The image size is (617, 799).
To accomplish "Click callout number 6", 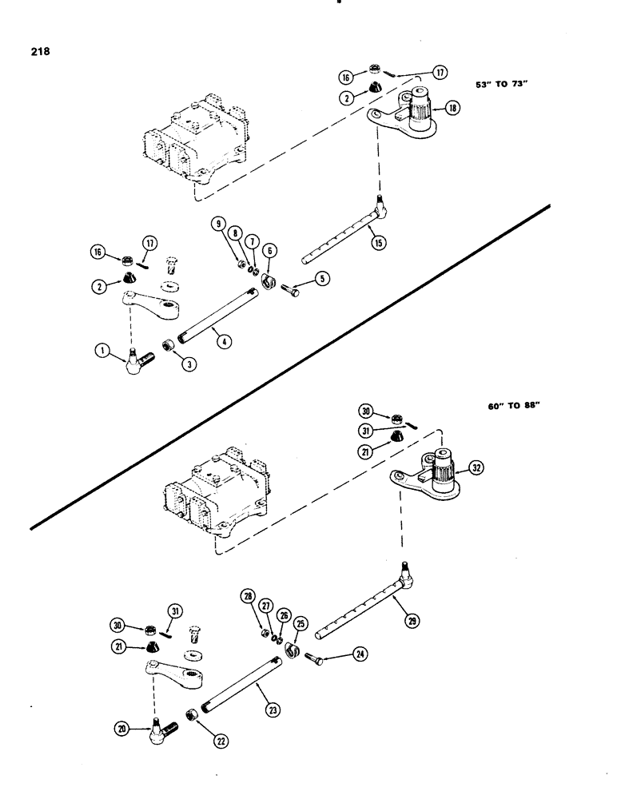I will [269, 250].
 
